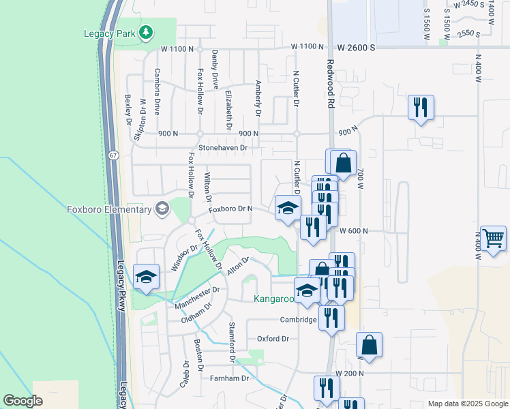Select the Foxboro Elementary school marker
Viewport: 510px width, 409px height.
(162, 209)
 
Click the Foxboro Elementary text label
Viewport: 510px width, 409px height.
(108, 209)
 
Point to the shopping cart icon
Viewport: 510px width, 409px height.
(494, 239)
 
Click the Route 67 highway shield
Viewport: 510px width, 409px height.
(112, 156)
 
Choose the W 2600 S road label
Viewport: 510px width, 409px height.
(357, 48)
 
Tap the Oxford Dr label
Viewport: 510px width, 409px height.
(273, 339)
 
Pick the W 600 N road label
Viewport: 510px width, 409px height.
(353, 231)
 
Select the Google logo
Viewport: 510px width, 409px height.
(22, 400)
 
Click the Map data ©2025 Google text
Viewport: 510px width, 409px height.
(467, 404)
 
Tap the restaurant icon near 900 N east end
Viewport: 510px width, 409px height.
(421, 107)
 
